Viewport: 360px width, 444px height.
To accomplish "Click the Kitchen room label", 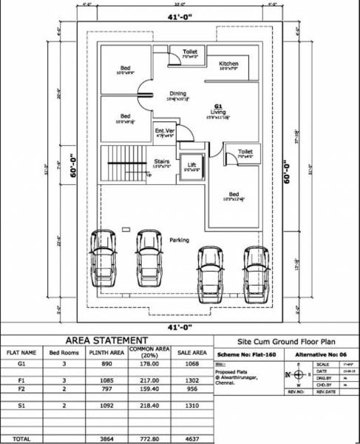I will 228,64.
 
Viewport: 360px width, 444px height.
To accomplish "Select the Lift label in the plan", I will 191,165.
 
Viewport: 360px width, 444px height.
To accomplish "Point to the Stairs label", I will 163,160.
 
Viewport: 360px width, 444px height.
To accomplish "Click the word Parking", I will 179,240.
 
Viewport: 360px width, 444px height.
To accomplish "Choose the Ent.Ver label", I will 164,132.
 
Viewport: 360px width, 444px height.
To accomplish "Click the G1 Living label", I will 218,110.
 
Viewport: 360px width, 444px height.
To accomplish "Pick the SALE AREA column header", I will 191,353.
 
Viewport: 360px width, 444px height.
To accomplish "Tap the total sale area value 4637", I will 191,439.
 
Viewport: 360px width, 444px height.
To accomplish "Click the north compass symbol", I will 299,374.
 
